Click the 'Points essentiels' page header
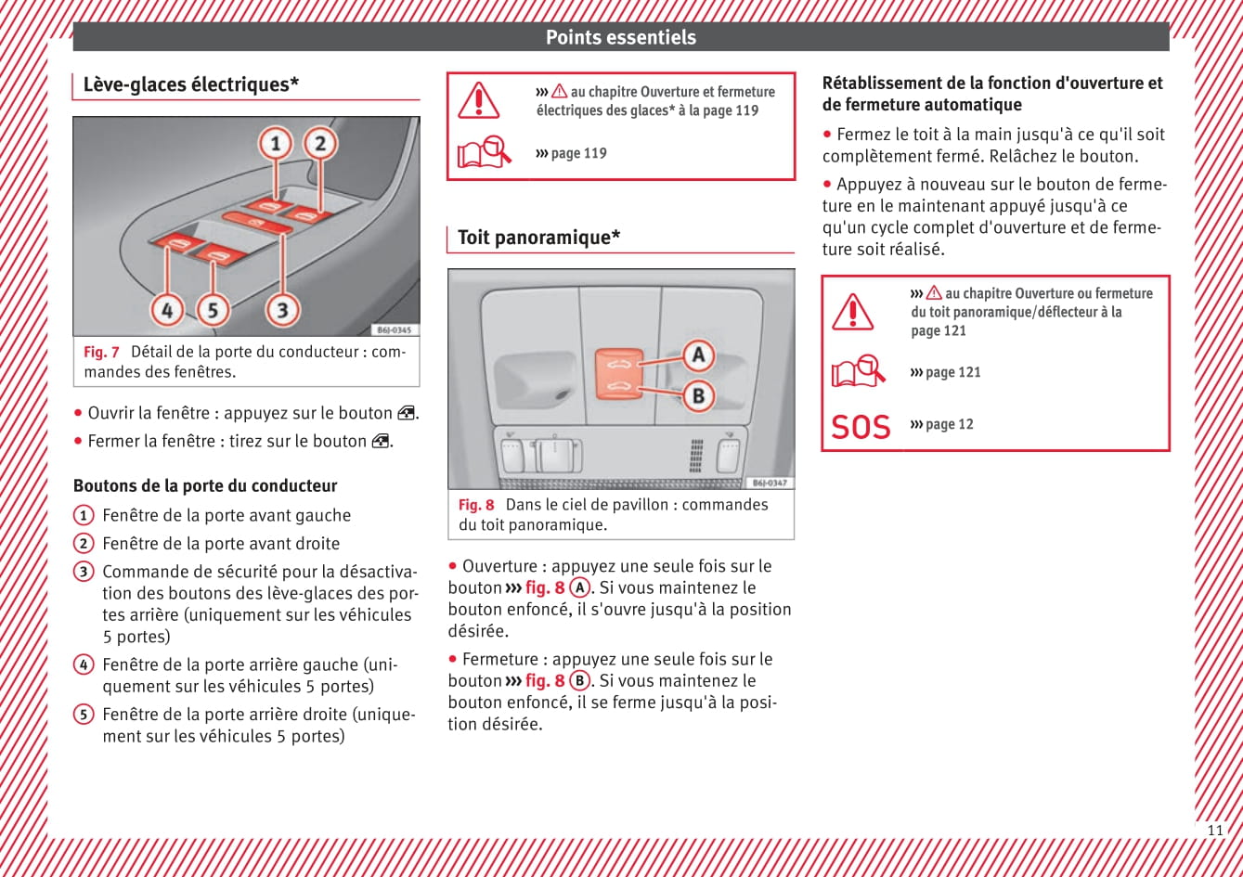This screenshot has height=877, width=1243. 620,37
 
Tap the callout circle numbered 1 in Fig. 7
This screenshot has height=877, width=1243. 275,144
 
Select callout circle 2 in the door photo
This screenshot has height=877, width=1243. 320,143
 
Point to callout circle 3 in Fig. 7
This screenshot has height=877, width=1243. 282,310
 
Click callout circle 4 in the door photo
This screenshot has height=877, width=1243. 167,310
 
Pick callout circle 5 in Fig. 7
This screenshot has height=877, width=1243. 213,310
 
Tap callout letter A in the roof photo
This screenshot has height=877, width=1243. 698,355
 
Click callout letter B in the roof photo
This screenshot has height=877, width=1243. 698,396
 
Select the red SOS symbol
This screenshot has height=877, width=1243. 861,427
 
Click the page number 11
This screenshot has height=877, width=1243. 1215,830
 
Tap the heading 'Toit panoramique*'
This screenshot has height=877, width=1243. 539,238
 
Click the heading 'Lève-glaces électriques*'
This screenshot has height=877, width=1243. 191,84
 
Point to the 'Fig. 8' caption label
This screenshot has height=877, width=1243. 476,505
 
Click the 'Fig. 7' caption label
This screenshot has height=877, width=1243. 101,352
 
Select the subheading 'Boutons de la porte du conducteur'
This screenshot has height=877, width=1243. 205,485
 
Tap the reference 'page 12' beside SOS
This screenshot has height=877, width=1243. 949,424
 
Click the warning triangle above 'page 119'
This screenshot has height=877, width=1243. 479,99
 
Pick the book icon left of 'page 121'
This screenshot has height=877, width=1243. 858,371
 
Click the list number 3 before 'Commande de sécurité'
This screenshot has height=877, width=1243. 84,572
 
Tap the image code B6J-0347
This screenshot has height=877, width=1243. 770,483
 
